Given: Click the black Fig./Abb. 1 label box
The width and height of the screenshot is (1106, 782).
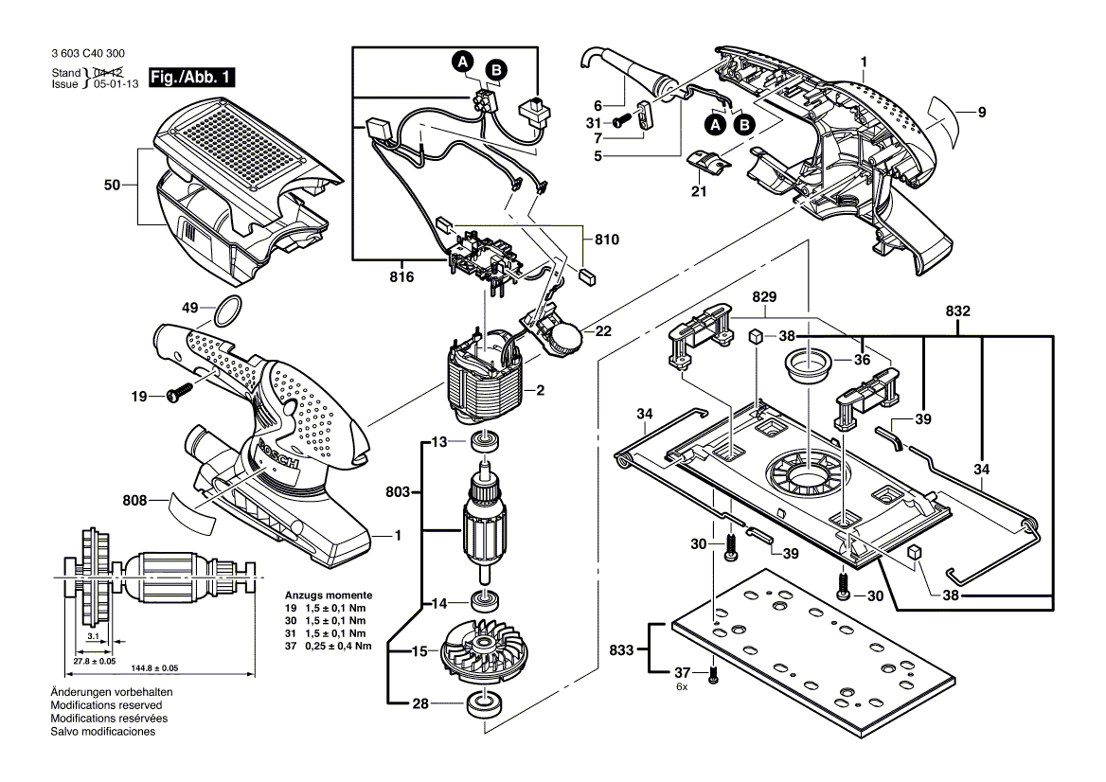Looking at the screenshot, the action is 191,77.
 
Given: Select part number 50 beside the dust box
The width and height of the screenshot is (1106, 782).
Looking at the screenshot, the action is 112,186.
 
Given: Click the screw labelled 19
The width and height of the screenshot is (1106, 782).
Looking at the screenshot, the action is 181,394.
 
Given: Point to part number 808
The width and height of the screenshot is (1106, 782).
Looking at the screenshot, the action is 134,500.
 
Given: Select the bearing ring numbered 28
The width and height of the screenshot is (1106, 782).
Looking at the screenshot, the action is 483,704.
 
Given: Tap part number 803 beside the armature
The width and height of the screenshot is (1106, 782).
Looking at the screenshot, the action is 398,491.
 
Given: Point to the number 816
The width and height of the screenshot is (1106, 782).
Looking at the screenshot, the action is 401,277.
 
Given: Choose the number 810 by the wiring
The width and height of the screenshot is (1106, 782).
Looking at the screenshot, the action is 607,240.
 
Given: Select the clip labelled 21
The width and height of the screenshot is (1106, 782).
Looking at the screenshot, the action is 709,162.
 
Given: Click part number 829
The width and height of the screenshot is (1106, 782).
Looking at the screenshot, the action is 764,297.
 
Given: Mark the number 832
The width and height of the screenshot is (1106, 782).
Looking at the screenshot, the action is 957,311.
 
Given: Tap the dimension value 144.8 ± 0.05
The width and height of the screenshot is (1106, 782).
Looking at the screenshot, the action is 156,667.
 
